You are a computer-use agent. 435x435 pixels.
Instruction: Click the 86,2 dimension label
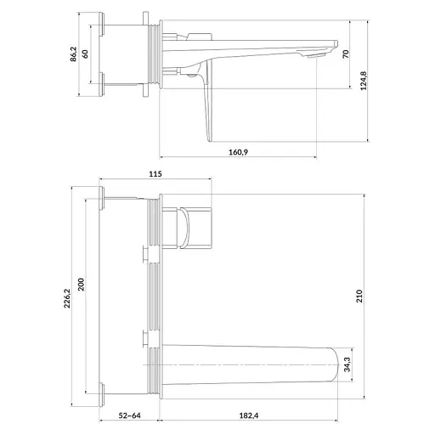[73, 54]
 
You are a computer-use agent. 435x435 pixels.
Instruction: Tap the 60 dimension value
[85, 54]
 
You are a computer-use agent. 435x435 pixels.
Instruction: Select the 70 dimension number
[346, 54]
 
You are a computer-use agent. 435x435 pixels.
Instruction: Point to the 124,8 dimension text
[364, 81]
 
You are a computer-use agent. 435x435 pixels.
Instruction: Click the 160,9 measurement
[238, 152]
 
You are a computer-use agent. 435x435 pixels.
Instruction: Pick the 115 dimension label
[155, 174]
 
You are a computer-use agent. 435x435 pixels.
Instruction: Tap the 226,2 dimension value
[66, 298]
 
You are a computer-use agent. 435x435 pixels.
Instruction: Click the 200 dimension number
[81, 285]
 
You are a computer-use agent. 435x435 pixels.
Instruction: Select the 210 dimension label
[359, 297]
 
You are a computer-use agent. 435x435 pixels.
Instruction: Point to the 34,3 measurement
[347, 364]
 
